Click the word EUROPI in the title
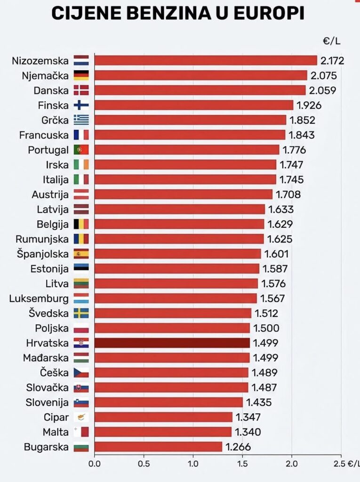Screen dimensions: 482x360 pyautogui.click(x=263, y=13)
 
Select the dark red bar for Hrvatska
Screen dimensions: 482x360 pyautogui.click(x=172, y=343)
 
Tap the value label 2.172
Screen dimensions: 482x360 pyautogui.click(x=332, y=60)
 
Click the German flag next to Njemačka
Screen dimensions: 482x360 pyautogui.click(x=81, y=75)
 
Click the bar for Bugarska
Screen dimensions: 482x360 pyautogui.click(x=158, y=447)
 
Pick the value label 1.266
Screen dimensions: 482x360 pyautogui.click(x=238, y=447)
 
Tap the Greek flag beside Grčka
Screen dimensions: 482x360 pyautogui.click(x=81, y=120)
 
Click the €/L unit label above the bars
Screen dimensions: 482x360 pyautogui.click(x=332, y=41)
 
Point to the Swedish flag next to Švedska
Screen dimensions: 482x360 pyautogui.click(x=81, y=313)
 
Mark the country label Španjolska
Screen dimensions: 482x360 pyautogui.click(x=42, y=254)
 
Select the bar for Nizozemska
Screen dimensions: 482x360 pyautogui.click(x=206, y=60)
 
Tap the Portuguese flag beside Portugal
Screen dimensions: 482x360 pyautogui.click(x=81, y=150)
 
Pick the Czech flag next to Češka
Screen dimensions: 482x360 pyautogui.click(x=81, y=373)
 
